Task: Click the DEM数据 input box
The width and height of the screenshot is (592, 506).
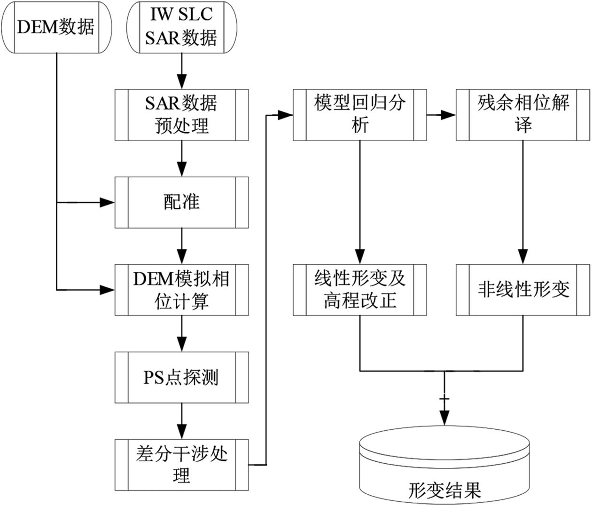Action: [56, 27]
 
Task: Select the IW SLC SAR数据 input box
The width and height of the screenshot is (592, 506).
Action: [181, 27]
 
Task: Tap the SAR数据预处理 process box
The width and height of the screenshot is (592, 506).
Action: [181, 114]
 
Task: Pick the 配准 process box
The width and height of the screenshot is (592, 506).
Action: [181, 202]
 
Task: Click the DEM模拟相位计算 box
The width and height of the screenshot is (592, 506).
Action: [181, 290]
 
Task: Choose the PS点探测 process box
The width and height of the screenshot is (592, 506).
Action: [181, 377]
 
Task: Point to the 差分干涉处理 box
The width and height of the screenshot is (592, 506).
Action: [181, 465]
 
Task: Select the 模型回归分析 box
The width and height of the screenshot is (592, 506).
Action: [360, 114]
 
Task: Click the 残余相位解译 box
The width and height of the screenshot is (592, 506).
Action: [523, 114]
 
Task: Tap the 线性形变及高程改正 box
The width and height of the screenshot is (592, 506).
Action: [360, 290]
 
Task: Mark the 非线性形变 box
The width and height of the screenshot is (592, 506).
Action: [523, 290]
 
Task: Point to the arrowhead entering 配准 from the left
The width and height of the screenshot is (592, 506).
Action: [108, 202]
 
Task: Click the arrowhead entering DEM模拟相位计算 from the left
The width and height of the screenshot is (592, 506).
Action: [108, 290]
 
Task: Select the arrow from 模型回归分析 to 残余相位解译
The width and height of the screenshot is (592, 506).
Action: [441, 115]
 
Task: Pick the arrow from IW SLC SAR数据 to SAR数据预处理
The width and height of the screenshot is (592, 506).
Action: [181, 71]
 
